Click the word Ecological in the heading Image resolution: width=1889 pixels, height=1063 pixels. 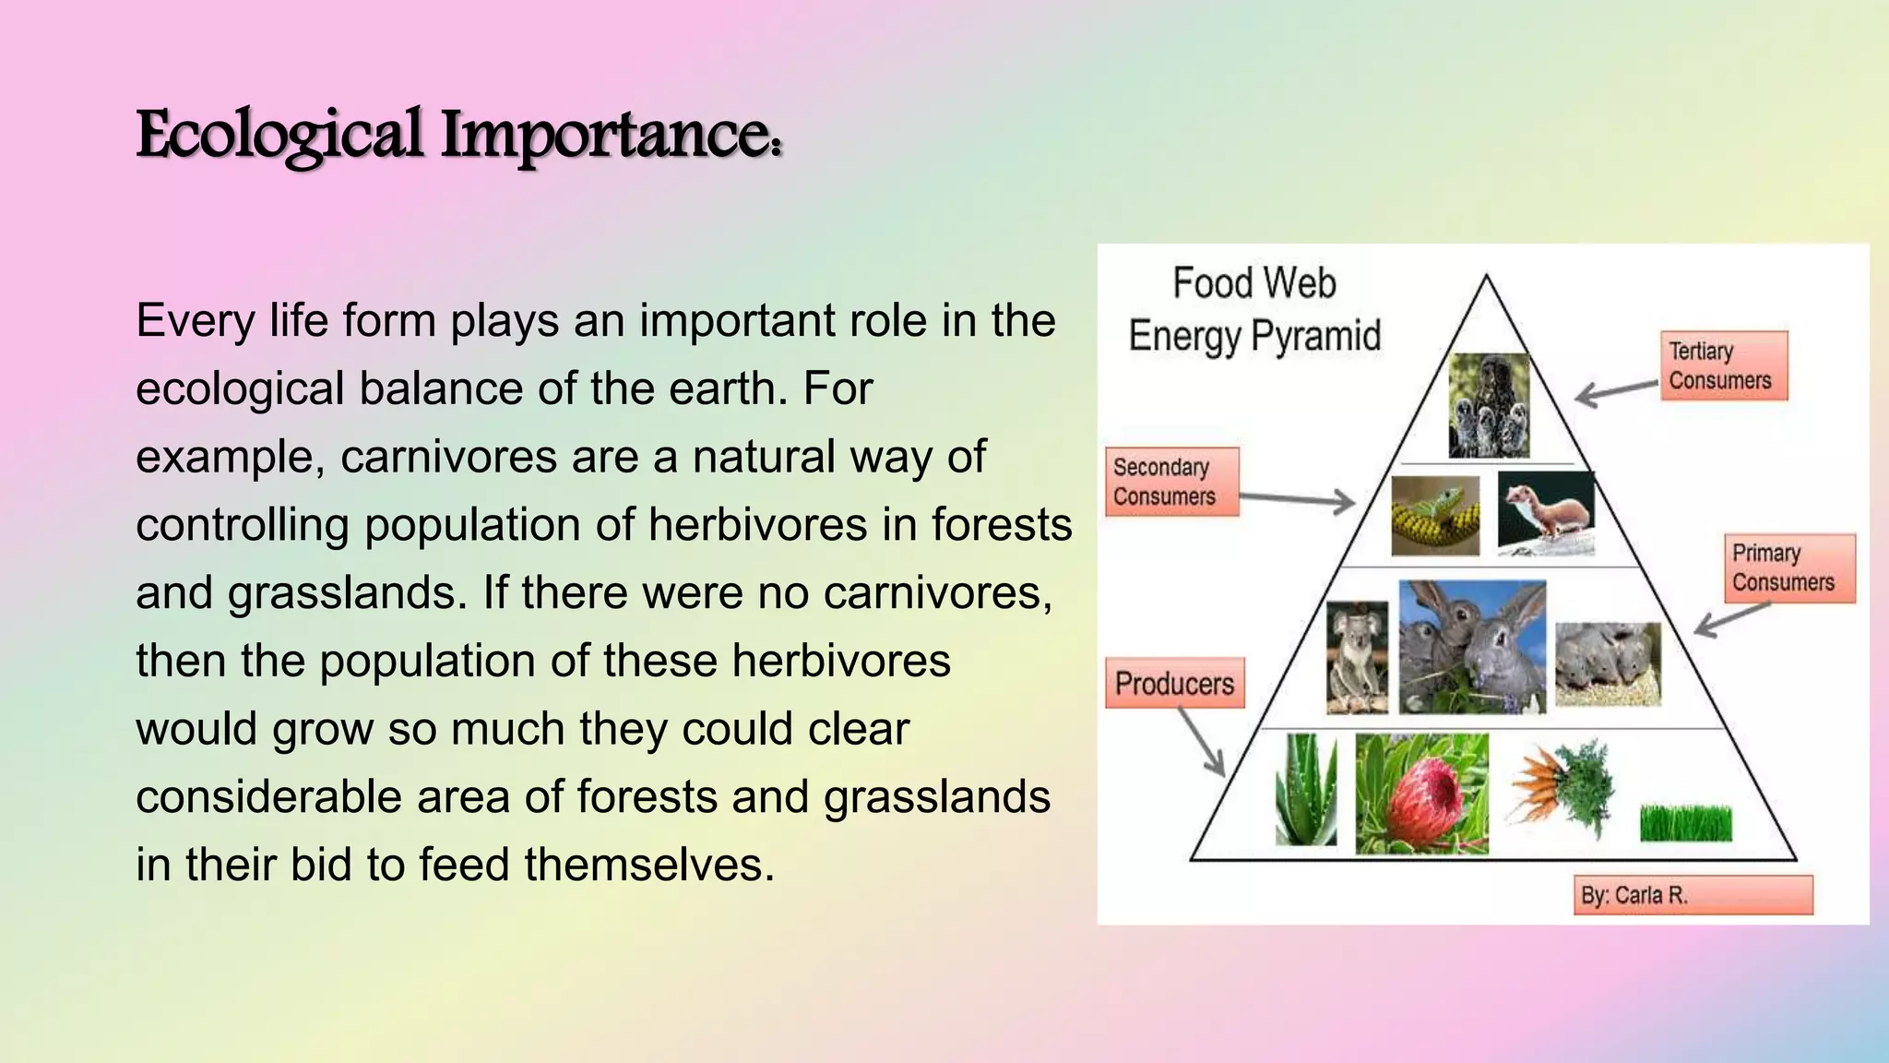tap(279, 136)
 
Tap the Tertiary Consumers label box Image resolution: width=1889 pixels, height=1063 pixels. tap(1723, 365)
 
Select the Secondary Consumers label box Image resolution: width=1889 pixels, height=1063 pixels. tap(1170, 482)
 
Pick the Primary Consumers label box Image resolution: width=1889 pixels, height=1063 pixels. tap(1788, 567)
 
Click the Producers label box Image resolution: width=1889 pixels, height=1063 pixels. tap(1174, 683)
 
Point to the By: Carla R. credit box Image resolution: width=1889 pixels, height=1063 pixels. tap(1693, 895)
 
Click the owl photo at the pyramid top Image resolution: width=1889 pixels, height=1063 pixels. tap(1489, 405)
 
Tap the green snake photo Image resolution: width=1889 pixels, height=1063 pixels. tap(1434, 516)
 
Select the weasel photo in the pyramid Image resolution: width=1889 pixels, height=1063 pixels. tap(1546, 513)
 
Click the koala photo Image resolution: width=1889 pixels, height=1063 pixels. tap(1357, 657)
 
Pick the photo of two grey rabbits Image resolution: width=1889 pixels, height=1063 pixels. tap(1472, 646)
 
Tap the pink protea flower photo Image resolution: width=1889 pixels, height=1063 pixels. tap(1421, 794)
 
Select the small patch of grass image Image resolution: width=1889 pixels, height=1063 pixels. tap(1685, 822)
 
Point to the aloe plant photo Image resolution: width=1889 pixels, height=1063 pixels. tap(1305, 790)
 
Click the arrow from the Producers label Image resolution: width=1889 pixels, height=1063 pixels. tap(1202, 743)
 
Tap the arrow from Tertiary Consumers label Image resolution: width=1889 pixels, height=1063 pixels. tap(1616, 391)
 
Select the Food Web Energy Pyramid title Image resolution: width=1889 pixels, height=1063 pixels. tap(1254, 309)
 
